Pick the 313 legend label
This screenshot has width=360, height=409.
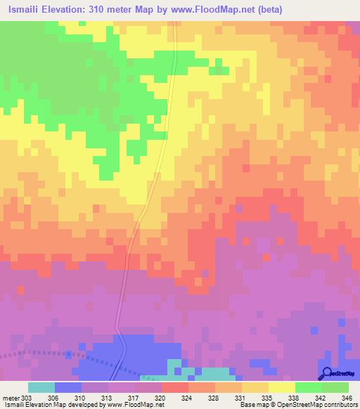[108, 397]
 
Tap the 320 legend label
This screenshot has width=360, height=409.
[162, 397]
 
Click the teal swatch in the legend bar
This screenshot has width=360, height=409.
[41, 387]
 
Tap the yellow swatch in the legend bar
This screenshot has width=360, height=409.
[282, 387]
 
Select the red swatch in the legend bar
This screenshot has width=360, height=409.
[175, 387]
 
